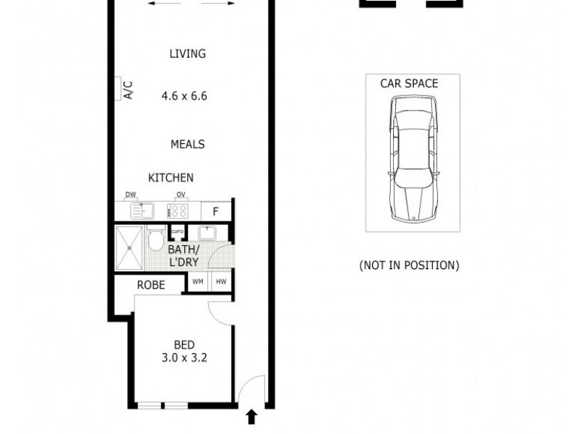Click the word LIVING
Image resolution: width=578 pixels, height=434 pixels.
point(187,54)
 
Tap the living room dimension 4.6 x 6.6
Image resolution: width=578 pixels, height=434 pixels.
point(184,95)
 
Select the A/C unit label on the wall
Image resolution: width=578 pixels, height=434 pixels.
point(128,90)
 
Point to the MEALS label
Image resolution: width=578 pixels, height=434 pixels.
point(187,144)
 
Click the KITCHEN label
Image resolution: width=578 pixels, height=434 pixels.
point(171,178)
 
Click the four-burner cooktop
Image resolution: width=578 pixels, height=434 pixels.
point(178,211)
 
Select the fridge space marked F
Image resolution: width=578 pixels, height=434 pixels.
point(215,211)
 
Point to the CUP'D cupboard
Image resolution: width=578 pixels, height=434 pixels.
point(177,232)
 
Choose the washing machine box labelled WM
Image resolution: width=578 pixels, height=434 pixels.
point(197,282)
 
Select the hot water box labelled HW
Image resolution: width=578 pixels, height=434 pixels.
point(220,282)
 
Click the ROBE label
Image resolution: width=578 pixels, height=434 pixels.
point(151,285)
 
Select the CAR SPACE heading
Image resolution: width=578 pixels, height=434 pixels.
point(409,83)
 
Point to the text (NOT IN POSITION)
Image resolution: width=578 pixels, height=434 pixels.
point(409,265)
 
